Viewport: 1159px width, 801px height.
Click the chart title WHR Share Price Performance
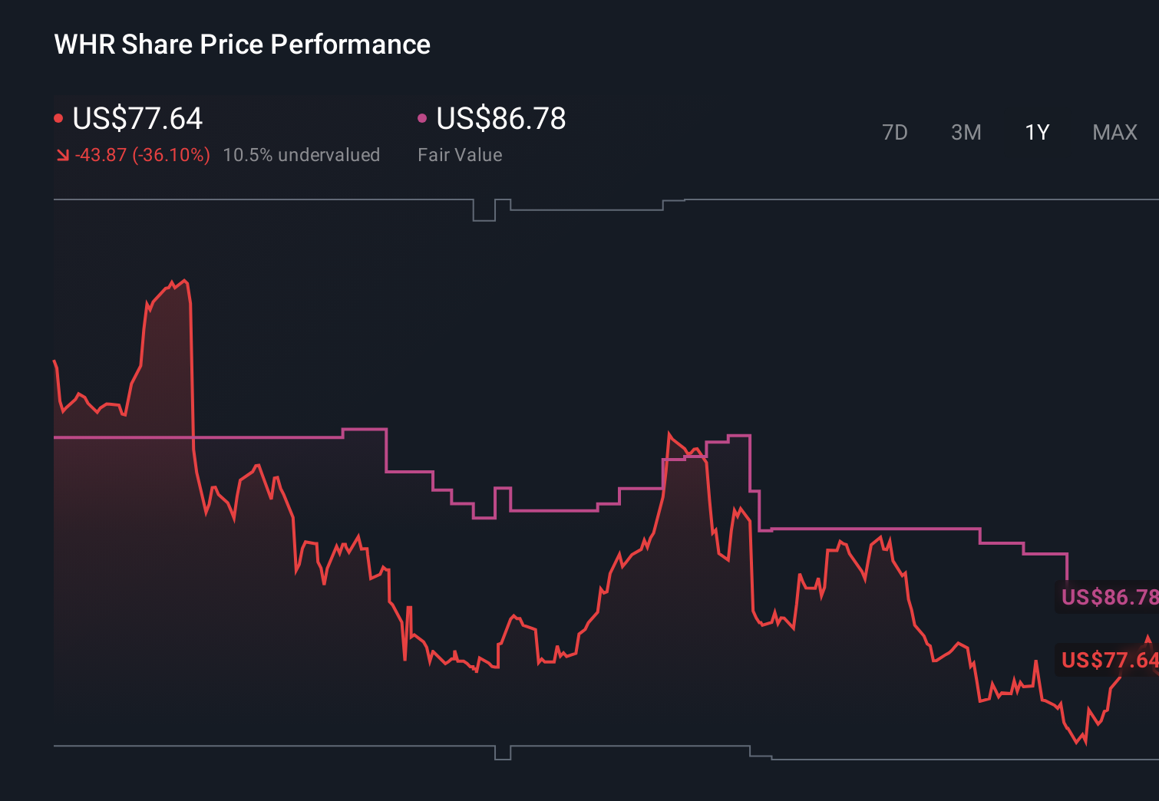(242, 44)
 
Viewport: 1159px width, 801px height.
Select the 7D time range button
(894, 133)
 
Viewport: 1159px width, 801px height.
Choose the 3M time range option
(966, 133)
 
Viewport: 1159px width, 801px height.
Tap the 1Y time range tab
(1037, 133)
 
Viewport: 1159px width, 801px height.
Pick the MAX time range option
(1114, 133)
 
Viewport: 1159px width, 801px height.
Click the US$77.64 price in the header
(137, 119)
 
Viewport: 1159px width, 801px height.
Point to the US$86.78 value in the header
(500, 119)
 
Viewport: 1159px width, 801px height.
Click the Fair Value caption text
(460, 155)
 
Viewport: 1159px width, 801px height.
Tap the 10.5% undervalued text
(301, 155)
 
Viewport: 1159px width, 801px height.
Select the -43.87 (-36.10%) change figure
(142, 155)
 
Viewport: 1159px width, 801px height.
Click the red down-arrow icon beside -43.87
(62, 156)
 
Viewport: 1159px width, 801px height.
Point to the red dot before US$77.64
(58, 118)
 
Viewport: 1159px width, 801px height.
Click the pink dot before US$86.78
(422, 118)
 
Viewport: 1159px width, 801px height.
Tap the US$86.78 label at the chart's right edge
(1109, 597)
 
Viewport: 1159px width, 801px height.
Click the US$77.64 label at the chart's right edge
(1109, 660)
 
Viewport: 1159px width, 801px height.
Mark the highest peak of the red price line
(184, 281)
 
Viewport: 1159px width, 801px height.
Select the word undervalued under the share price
(329, 155)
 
